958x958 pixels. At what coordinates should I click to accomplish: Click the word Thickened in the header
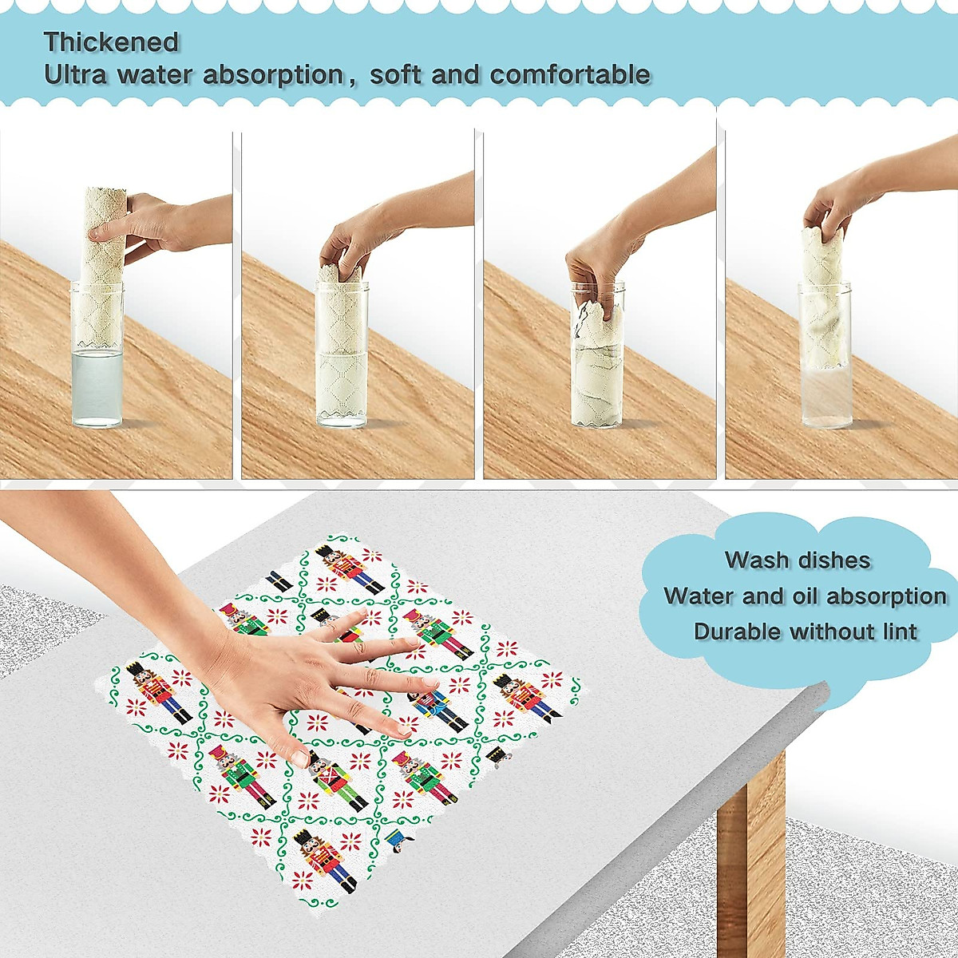[x=111, y=42]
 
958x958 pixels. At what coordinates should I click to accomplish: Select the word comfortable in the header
[x=570, y=75]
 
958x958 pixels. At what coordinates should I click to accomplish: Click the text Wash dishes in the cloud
[x=797, y=560]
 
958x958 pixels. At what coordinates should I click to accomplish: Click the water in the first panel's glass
[x=96, y=387]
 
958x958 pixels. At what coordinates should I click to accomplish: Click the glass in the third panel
[x=596, y=367]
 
